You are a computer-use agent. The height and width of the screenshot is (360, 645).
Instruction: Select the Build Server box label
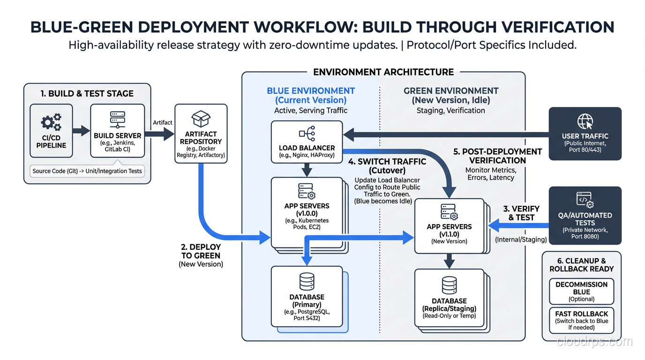pos(117,135)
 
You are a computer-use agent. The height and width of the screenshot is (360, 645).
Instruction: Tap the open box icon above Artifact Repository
pos(201,119)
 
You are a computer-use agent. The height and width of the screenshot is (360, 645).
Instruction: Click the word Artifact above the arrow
pos(163,122)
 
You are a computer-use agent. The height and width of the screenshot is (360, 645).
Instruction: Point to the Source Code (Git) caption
pos(87,171)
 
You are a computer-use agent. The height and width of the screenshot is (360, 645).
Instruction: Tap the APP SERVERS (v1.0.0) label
pos(307,210)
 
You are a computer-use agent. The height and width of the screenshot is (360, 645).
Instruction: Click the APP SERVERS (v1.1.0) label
pos(449,230)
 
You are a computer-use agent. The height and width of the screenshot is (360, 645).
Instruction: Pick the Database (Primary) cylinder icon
pos(307,282)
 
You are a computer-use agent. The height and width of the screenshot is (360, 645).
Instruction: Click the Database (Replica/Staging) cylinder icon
pos(449,285)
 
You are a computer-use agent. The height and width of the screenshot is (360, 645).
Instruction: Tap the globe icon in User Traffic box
pos(585,121)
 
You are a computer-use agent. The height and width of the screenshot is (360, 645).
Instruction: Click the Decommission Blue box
pos(581,291)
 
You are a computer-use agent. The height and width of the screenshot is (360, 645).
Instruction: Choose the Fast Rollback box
pos(581,320)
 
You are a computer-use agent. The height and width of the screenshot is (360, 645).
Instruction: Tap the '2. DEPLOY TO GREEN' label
pos(201,251)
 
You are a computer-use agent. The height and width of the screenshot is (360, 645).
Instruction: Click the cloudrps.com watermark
pos(594,342)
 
